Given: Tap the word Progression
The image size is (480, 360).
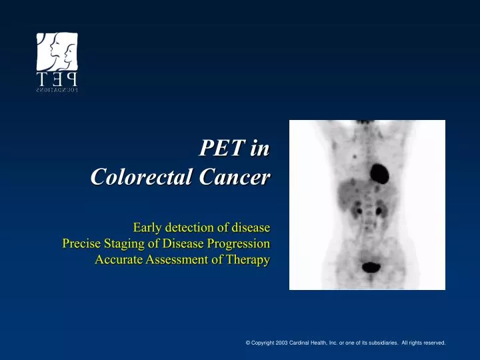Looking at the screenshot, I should point(241,243).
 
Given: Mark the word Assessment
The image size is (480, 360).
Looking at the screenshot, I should point(179,260).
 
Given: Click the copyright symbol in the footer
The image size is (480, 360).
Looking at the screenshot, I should point(248,343).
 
